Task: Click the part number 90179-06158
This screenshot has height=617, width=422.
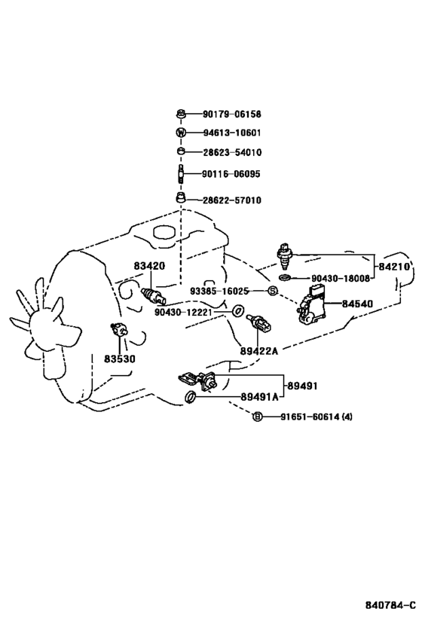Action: coord(232,114)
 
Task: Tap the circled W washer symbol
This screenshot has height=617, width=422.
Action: coord(180,133)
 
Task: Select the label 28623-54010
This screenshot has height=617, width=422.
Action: coord(232,152)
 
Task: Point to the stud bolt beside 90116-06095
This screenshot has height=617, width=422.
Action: coord(181,173)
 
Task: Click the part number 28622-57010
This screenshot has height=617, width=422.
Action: coord(232,200)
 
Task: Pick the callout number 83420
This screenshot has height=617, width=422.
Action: coord(149,266)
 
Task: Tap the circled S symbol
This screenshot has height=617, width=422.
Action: coord(272,292)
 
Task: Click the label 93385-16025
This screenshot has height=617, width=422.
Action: coord(219,292)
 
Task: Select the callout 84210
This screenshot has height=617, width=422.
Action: coord(394,267)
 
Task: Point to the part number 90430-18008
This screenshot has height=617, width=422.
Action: coord(341,279)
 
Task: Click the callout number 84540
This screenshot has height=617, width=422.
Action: coord(357,304)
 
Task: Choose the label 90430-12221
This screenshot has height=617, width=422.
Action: coord(183,313)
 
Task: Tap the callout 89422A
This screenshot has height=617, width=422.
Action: coord(259,350)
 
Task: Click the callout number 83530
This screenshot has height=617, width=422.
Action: coord(120,359)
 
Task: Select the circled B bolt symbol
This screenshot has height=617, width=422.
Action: coord(257,417)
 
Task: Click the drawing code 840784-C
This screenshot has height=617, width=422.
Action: coord(390,605)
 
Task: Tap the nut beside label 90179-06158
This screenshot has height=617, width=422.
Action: coord(180,114)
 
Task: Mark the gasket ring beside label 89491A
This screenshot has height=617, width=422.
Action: coord(190,398)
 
